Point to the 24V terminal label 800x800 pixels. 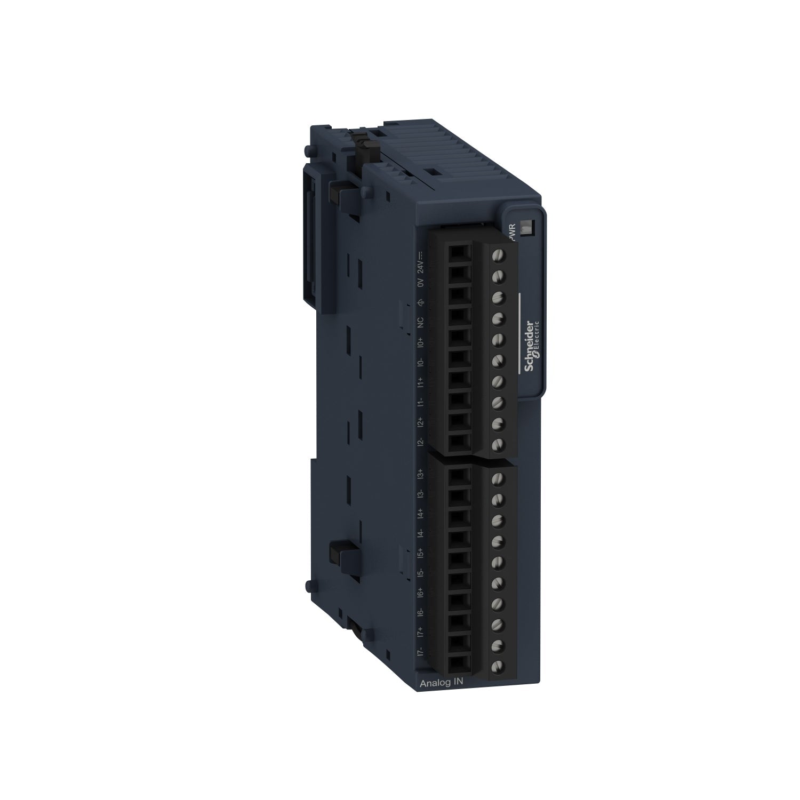coord(421,261)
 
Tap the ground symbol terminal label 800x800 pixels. coord(421,303)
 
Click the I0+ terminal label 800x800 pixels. coord(421,342)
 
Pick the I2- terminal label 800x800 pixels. coord(421,442)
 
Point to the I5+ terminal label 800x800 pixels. coord(421,553)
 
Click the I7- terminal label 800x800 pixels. coord(421,651)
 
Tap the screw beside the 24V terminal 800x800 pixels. coord(498,255)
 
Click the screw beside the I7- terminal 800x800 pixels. coord(498,666)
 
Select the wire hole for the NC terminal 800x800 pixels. coord(458,318)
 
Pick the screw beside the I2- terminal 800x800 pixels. coord(498,444)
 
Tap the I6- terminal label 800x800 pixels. coord(421,612)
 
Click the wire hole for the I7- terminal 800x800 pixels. coord(458,663)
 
